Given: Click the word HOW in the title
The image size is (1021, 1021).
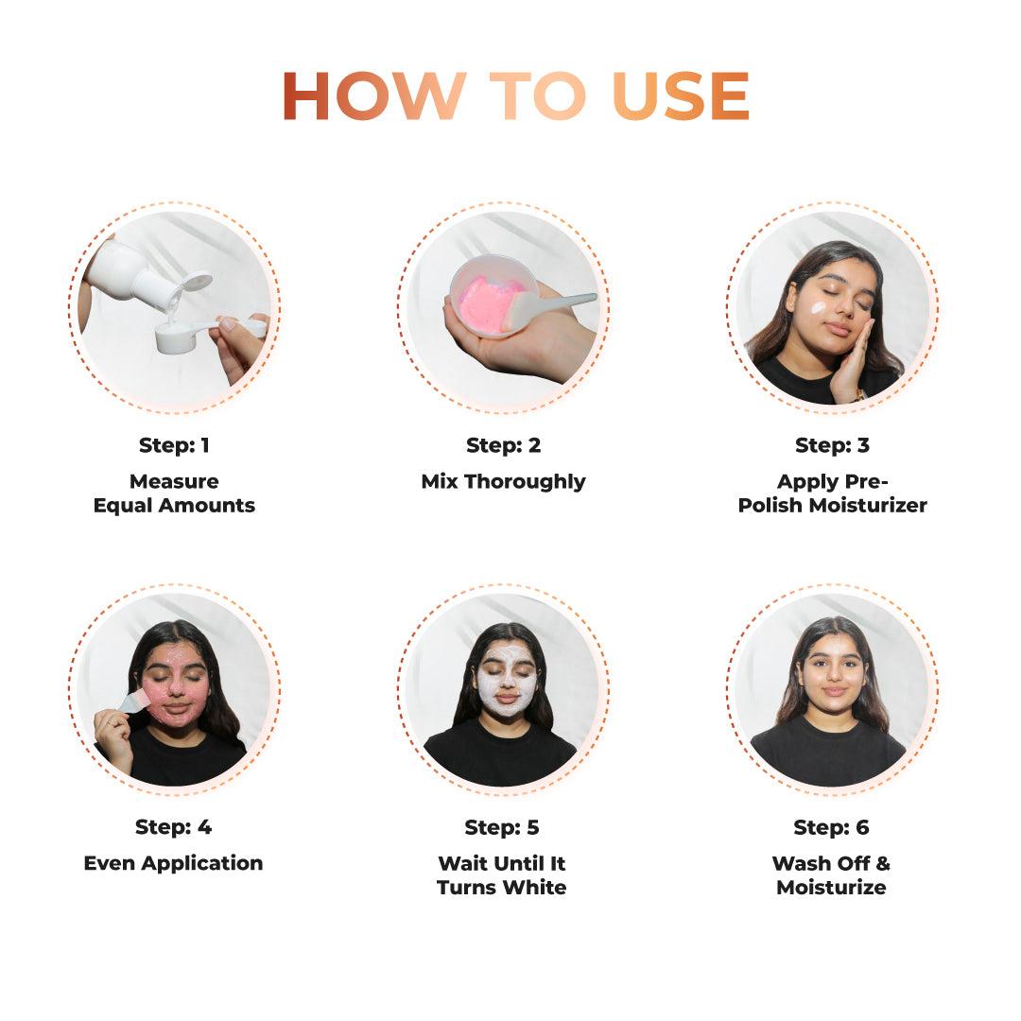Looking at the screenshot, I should point(373,95).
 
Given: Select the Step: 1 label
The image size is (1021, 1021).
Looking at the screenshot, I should point(174,445).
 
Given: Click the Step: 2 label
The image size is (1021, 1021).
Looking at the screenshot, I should point(503,445).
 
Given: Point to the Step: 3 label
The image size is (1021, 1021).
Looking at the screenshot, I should point(832,445).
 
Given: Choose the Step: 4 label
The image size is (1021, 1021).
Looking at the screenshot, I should point(174,827).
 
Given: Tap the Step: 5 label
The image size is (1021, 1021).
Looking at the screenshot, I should point(502,827).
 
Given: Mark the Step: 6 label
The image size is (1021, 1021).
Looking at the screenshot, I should point(831,827).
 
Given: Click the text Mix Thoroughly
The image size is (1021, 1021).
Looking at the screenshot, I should point(503,481).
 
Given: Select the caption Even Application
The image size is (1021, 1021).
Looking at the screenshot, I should point(174,863).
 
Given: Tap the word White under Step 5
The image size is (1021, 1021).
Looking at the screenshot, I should point(535,888).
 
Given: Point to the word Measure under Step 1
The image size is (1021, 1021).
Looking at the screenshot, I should point(174,481).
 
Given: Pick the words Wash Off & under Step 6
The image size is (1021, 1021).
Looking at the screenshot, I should point(831,863).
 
